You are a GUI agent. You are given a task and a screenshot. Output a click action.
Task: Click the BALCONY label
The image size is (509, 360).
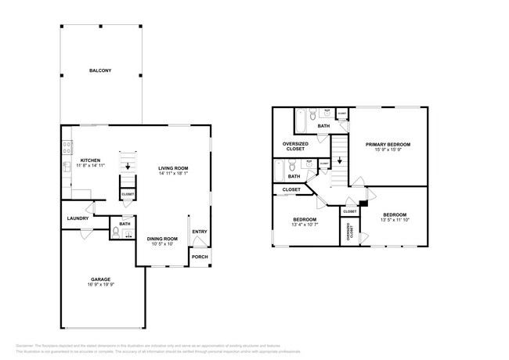100,71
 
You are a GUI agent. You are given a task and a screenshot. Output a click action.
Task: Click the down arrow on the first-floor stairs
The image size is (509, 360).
128,166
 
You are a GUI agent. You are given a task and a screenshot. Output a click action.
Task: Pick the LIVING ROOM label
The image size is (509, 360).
173,168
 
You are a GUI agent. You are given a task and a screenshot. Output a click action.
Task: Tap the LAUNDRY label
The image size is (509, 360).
78,218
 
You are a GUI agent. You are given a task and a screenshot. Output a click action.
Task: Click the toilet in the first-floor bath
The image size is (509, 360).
116,232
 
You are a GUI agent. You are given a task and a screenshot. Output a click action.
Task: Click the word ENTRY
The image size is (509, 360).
200,231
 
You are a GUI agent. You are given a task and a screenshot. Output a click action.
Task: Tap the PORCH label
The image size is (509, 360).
200,257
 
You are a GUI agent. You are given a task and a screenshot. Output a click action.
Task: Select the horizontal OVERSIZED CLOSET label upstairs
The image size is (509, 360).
295,147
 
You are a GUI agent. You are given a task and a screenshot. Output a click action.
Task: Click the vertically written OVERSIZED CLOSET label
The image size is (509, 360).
351,231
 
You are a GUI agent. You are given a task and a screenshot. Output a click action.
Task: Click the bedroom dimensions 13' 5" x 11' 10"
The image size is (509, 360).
395,221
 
